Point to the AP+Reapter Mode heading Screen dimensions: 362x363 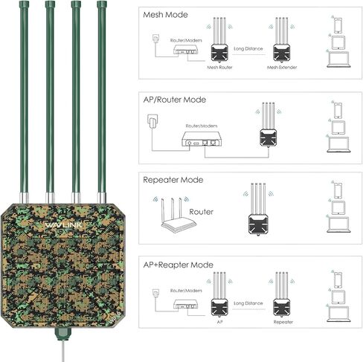coord(182,265)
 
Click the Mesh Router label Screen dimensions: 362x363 coord(219,67)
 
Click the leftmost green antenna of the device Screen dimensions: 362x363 coord(25,97)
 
